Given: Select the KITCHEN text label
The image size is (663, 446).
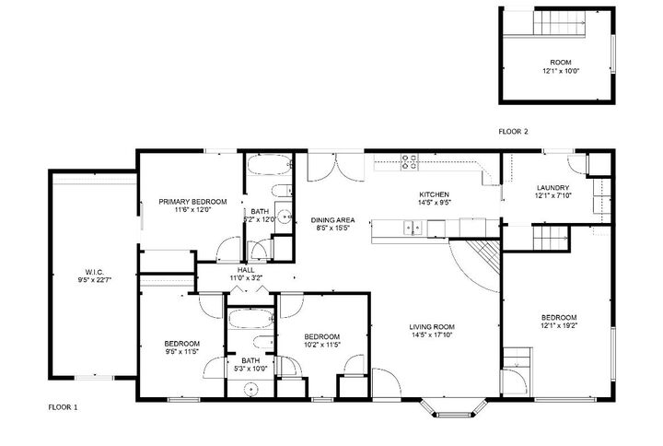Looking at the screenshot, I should click(x=434, y=194).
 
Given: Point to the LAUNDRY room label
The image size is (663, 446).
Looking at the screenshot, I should click(x=553, y=187).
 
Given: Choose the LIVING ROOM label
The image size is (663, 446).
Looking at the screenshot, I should click(x=433, y=325).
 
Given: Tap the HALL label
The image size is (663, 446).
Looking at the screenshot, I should click(x=246, y=269).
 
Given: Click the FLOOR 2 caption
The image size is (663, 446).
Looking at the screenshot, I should click(x=513, y=132).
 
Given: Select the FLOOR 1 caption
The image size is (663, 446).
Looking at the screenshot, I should click(x=64, y=405).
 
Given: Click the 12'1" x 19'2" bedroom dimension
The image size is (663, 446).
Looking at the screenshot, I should click(x=559, y=325).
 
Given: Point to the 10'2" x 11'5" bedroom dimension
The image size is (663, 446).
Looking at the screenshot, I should click(x=322, y=345).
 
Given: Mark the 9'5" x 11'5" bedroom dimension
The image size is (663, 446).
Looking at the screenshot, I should click(x=181, y=352).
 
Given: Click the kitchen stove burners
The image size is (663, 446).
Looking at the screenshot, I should click(x=409, y=162).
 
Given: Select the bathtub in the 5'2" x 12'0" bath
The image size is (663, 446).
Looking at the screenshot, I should click(x=270, y=169).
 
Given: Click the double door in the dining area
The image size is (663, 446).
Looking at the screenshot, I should click(x=328, y=166).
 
